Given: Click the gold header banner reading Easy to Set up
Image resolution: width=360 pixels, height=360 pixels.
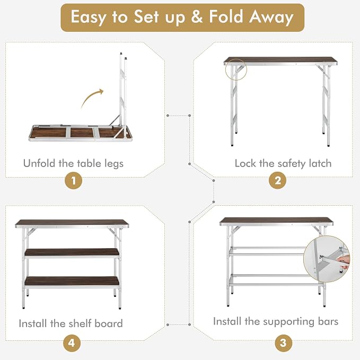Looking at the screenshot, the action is click(182, 17).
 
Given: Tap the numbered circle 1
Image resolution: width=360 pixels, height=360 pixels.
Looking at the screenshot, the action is click(74, 180).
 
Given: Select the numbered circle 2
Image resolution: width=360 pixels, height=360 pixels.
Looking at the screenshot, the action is click(278, 180).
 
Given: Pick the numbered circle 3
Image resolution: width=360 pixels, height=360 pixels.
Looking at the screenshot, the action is click(283, 343).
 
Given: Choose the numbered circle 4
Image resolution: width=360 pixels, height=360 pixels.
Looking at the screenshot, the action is click(72, 343).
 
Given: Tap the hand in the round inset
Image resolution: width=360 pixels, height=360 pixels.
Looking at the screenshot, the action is click(343, 262).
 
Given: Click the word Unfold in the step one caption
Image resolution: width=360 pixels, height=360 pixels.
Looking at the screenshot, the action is click(39, 163).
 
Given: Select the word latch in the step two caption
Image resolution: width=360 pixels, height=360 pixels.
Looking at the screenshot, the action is click(320, 163).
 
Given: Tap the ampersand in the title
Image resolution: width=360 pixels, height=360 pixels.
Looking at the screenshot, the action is click(197, 16).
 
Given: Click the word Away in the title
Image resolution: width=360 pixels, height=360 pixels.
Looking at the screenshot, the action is click(271, 17).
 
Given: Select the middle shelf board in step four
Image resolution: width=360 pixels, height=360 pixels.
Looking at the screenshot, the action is click(72, 253).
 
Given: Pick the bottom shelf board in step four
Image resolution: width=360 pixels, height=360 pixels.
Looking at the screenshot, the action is click(72, 281).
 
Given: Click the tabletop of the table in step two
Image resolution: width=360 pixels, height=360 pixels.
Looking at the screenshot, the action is click(280, 60).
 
